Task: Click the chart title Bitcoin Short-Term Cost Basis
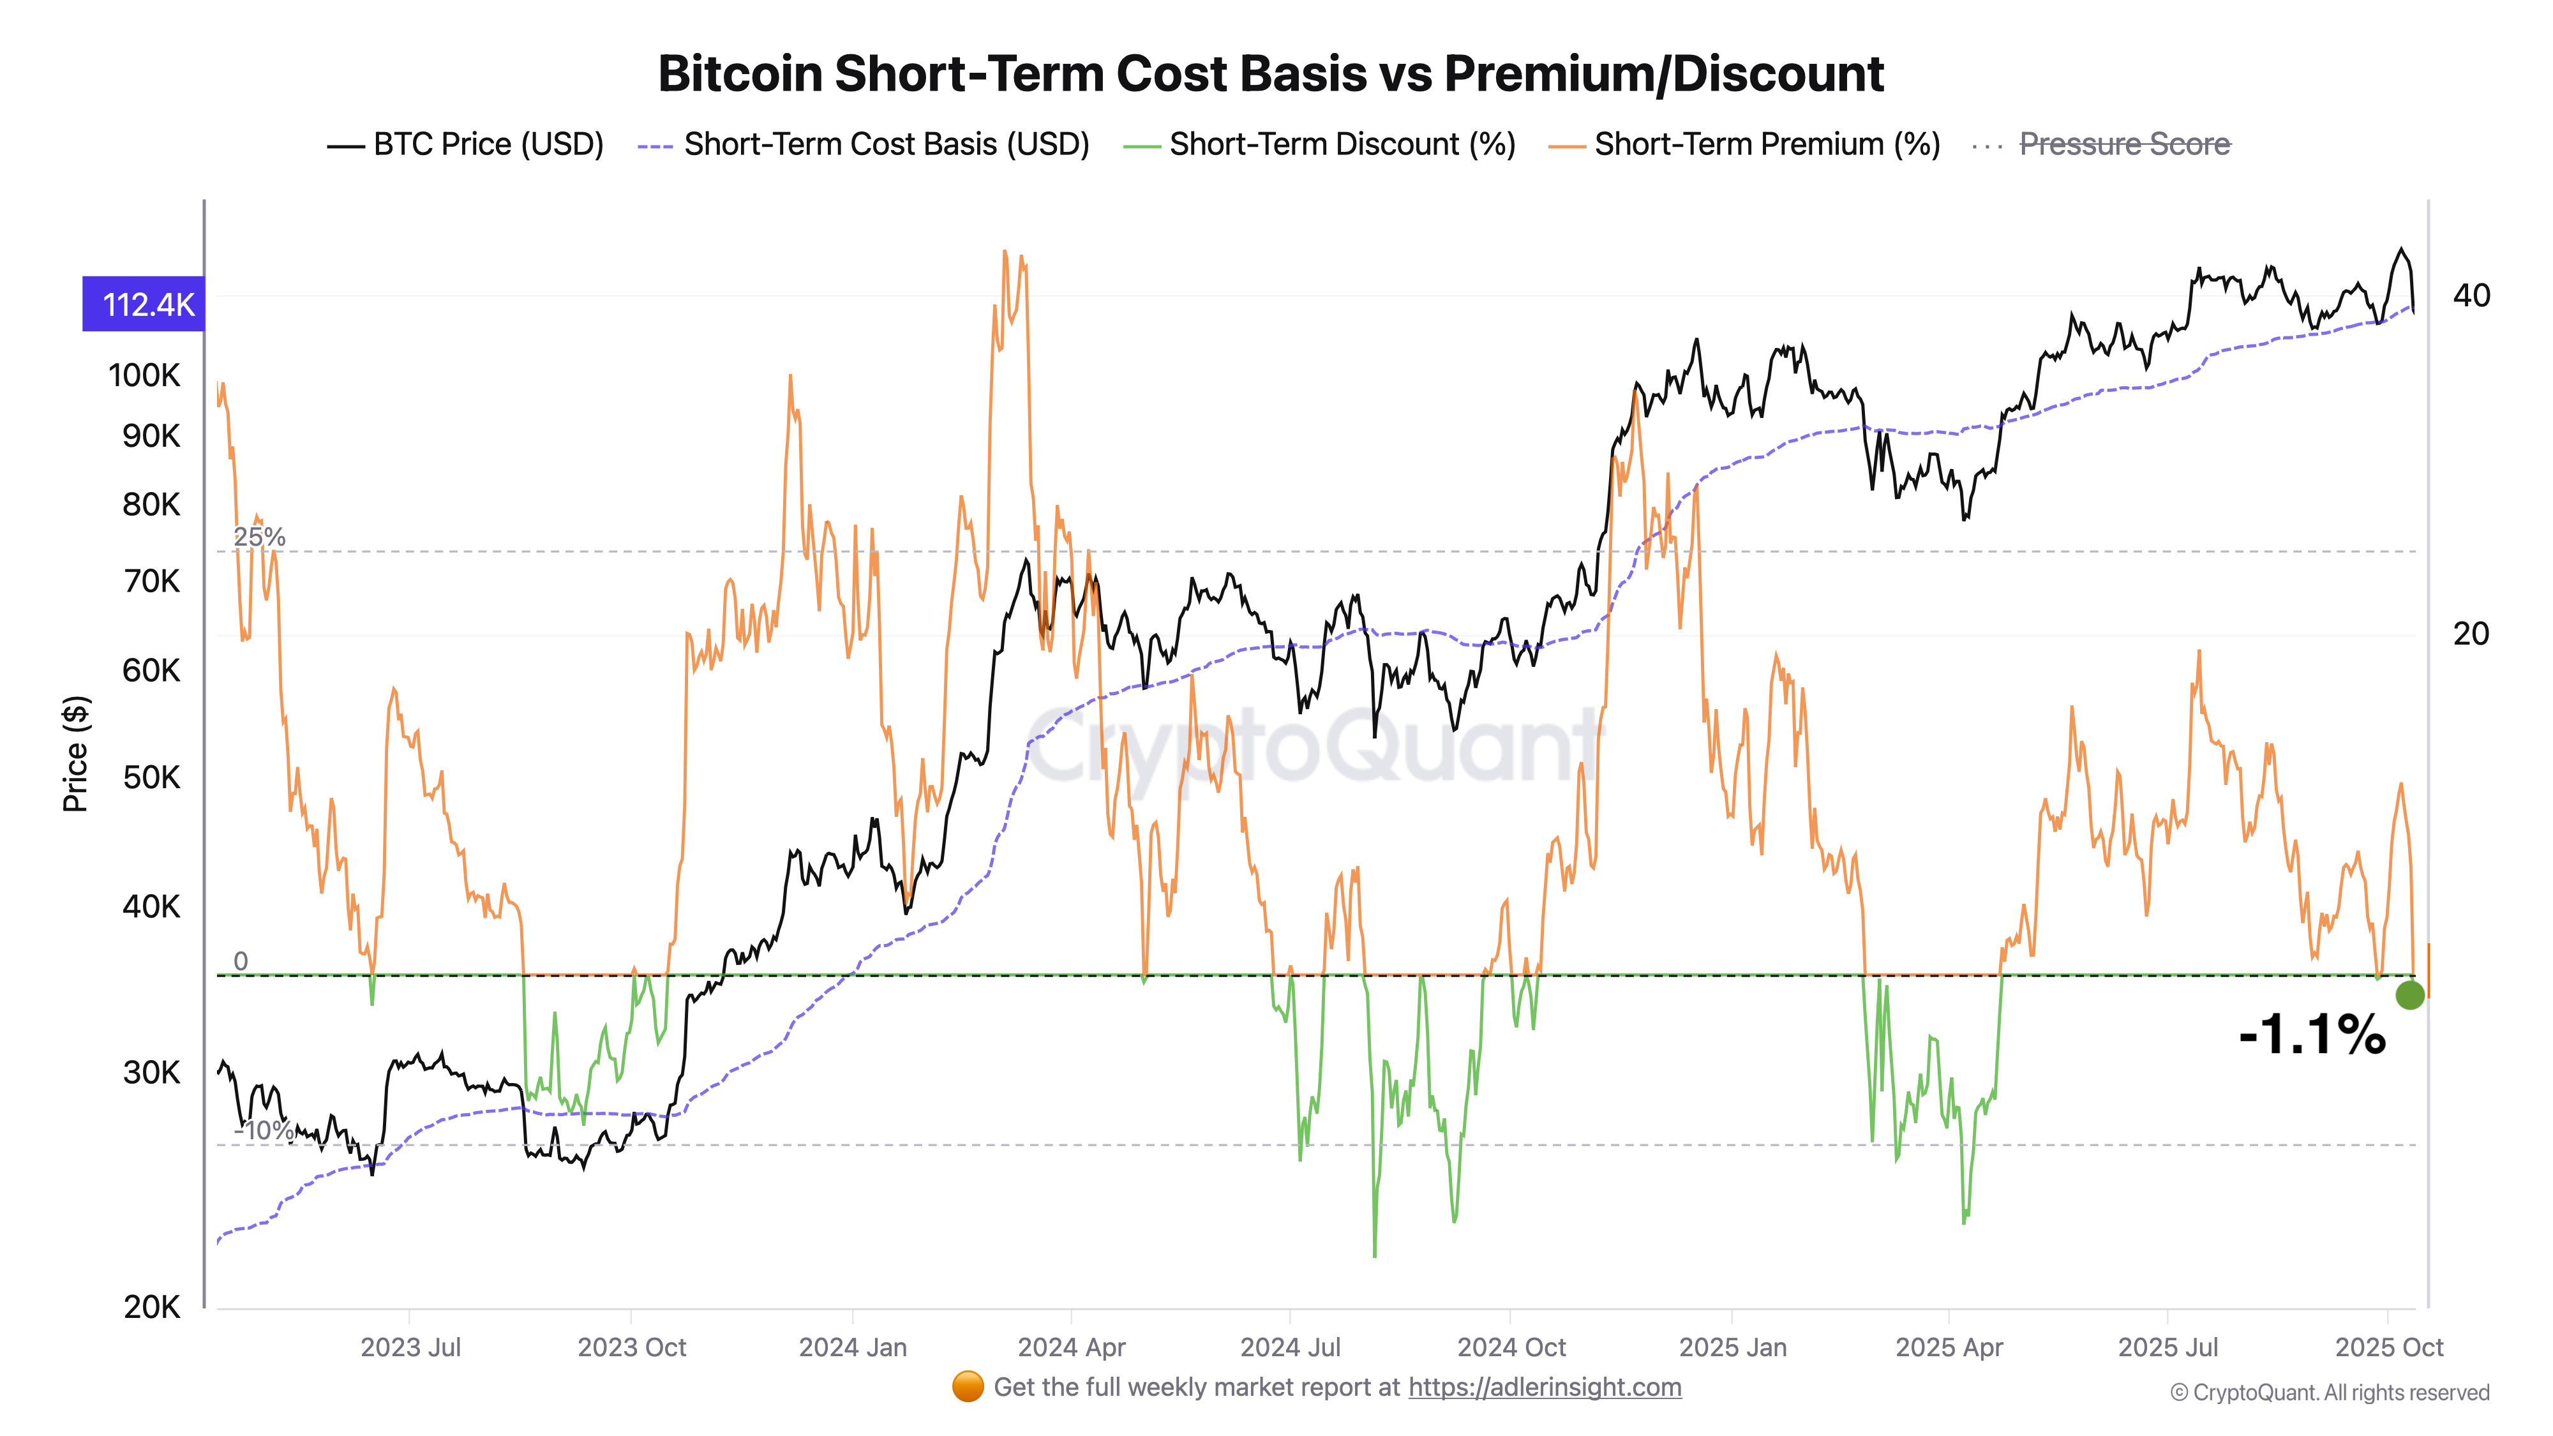tap(1271, 74)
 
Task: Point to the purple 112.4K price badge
tap(145, 304)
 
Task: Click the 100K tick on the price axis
tap(145, 376)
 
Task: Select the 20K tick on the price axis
tap(152, 1307)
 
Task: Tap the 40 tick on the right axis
tap(2471, 295)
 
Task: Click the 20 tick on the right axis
tap(2471, 633)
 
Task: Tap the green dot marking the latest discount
tap(2409, 995)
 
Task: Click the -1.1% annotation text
tap(2312, 1035)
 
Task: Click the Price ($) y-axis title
tap(75, 753)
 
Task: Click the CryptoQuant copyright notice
tap(2329, 1393)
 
